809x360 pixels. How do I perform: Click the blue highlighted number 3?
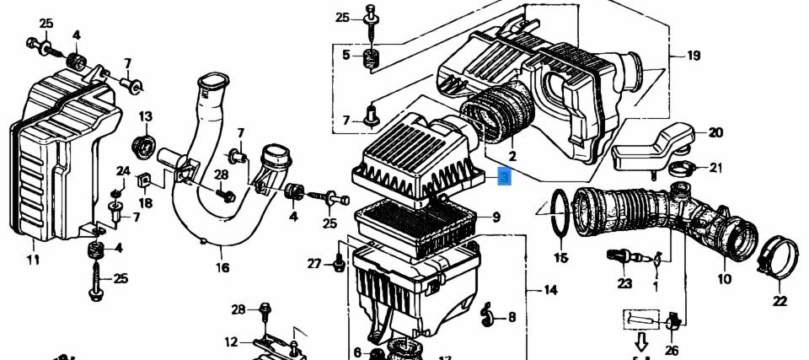504,178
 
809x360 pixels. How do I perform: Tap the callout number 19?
694,56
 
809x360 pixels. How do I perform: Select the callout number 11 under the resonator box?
33,260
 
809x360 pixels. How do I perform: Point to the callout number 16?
222,267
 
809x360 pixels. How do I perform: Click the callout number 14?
550,290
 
